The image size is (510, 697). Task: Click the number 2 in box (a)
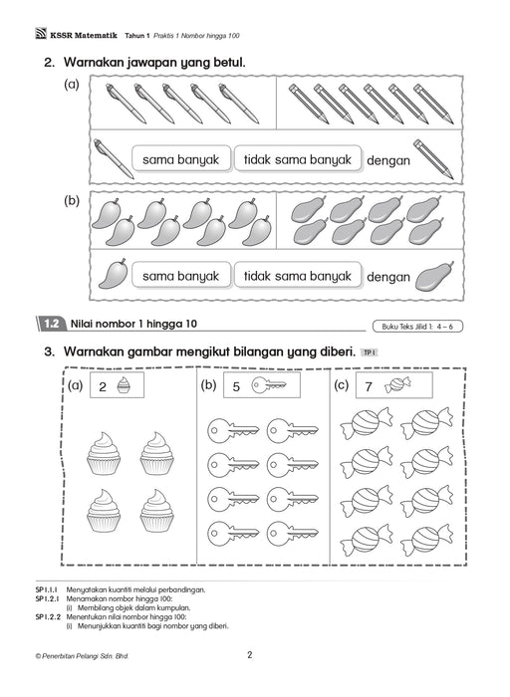pos(102,389)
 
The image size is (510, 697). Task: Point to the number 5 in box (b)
pos(235,388)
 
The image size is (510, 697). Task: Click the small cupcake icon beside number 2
pos(125,388)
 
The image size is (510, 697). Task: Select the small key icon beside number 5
pos(267,387)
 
